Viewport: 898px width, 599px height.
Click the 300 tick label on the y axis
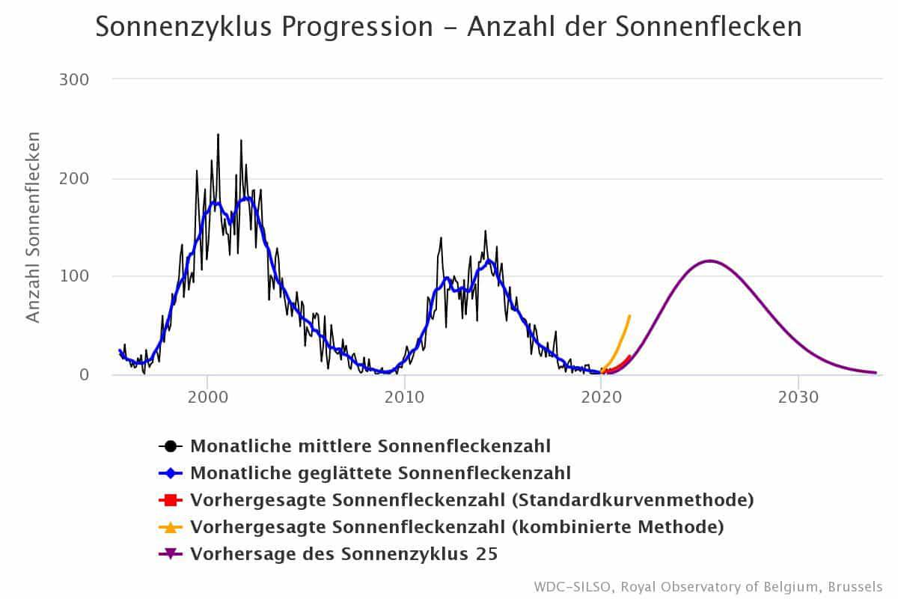pos(73,79)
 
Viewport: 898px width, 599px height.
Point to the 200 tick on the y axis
pos(73,178)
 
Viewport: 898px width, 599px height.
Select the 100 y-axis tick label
pos(73,276)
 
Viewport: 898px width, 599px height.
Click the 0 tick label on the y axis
pos(84,374)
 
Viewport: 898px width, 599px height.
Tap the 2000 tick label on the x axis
pos(207,397)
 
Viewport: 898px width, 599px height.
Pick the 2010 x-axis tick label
pos(404,397)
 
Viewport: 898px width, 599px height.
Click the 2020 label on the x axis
pos(601,397)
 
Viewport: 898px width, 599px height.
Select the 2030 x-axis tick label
pos(798,397)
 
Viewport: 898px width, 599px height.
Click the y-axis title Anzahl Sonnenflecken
pos(33,227)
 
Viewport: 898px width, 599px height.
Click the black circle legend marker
pos(171,446)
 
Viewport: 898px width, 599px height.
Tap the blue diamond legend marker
pos(171,473)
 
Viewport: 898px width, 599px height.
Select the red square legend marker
pos(171,500)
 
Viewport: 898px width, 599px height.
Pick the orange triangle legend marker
pos(171,527)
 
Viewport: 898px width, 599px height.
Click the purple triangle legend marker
pos(171,554)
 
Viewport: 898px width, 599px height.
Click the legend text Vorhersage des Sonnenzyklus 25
pos(344,554)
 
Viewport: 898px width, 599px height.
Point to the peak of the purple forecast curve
pos(709,261)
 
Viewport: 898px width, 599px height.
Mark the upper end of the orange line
pos(629,316)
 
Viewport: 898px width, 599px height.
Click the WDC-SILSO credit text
pos(708,586)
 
